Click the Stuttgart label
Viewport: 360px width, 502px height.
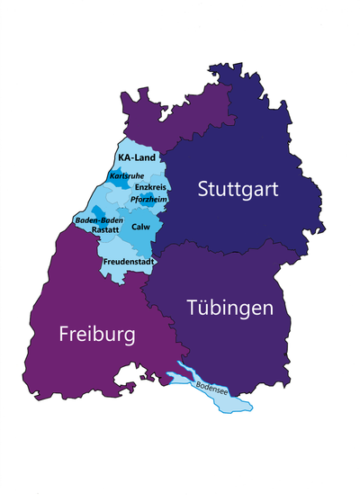click(238, 190)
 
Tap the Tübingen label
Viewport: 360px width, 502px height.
click(229, 308)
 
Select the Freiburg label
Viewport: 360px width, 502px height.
click(97, 335)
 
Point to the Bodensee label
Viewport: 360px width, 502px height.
click(213, 390)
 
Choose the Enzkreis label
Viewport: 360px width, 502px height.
click(149, 186)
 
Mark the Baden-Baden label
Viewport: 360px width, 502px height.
click(99, 220)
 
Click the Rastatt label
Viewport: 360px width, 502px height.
click(105, 230)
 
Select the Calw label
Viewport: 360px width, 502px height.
click(140, 227)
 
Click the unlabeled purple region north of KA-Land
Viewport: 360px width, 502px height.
click(180, 112)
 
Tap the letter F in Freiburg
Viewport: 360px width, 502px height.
click(65, 335)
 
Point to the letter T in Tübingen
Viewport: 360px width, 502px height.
click(193, 307)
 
